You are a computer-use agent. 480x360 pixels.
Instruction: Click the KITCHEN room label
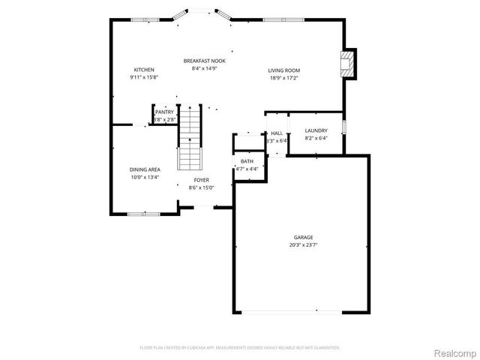click(x=144, y=70)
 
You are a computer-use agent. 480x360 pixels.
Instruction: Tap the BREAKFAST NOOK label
click(x=205, y=61)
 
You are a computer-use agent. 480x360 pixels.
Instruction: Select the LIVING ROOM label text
click(x=283, y=70)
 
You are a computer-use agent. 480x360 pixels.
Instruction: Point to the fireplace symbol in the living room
click(x=347, y=64)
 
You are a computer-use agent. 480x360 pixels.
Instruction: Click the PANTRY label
click(x=164, y=112)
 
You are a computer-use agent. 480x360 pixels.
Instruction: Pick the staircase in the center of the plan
click(x=190, y=139)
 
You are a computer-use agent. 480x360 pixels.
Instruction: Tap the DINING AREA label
click(x=145, y=169)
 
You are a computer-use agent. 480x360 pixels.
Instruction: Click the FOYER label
click(x=202, y=180)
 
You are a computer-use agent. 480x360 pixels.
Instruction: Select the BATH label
click(x=247, y=161)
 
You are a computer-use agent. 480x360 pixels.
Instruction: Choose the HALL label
click(x=277, y=133)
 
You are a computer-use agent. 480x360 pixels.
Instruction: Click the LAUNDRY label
click(x=316, y=130)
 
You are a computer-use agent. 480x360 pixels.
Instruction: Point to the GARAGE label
click(x=302, y=237)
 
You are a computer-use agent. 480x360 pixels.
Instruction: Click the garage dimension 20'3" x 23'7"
click(x=302, y=245)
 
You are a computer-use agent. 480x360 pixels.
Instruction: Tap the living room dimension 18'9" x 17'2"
click(x=283, y=78)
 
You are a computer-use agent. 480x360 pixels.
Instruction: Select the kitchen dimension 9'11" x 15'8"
click(x=144, y=77)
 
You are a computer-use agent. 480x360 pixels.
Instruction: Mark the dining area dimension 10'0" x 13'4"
click(x=145, y=177)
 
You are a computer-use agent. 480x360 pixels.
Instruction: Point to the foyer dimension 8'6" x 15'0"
click(x=202, y=187)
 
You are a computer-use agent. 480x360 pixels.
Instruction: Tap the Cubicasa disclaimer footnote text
click(x=240, y=347)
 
